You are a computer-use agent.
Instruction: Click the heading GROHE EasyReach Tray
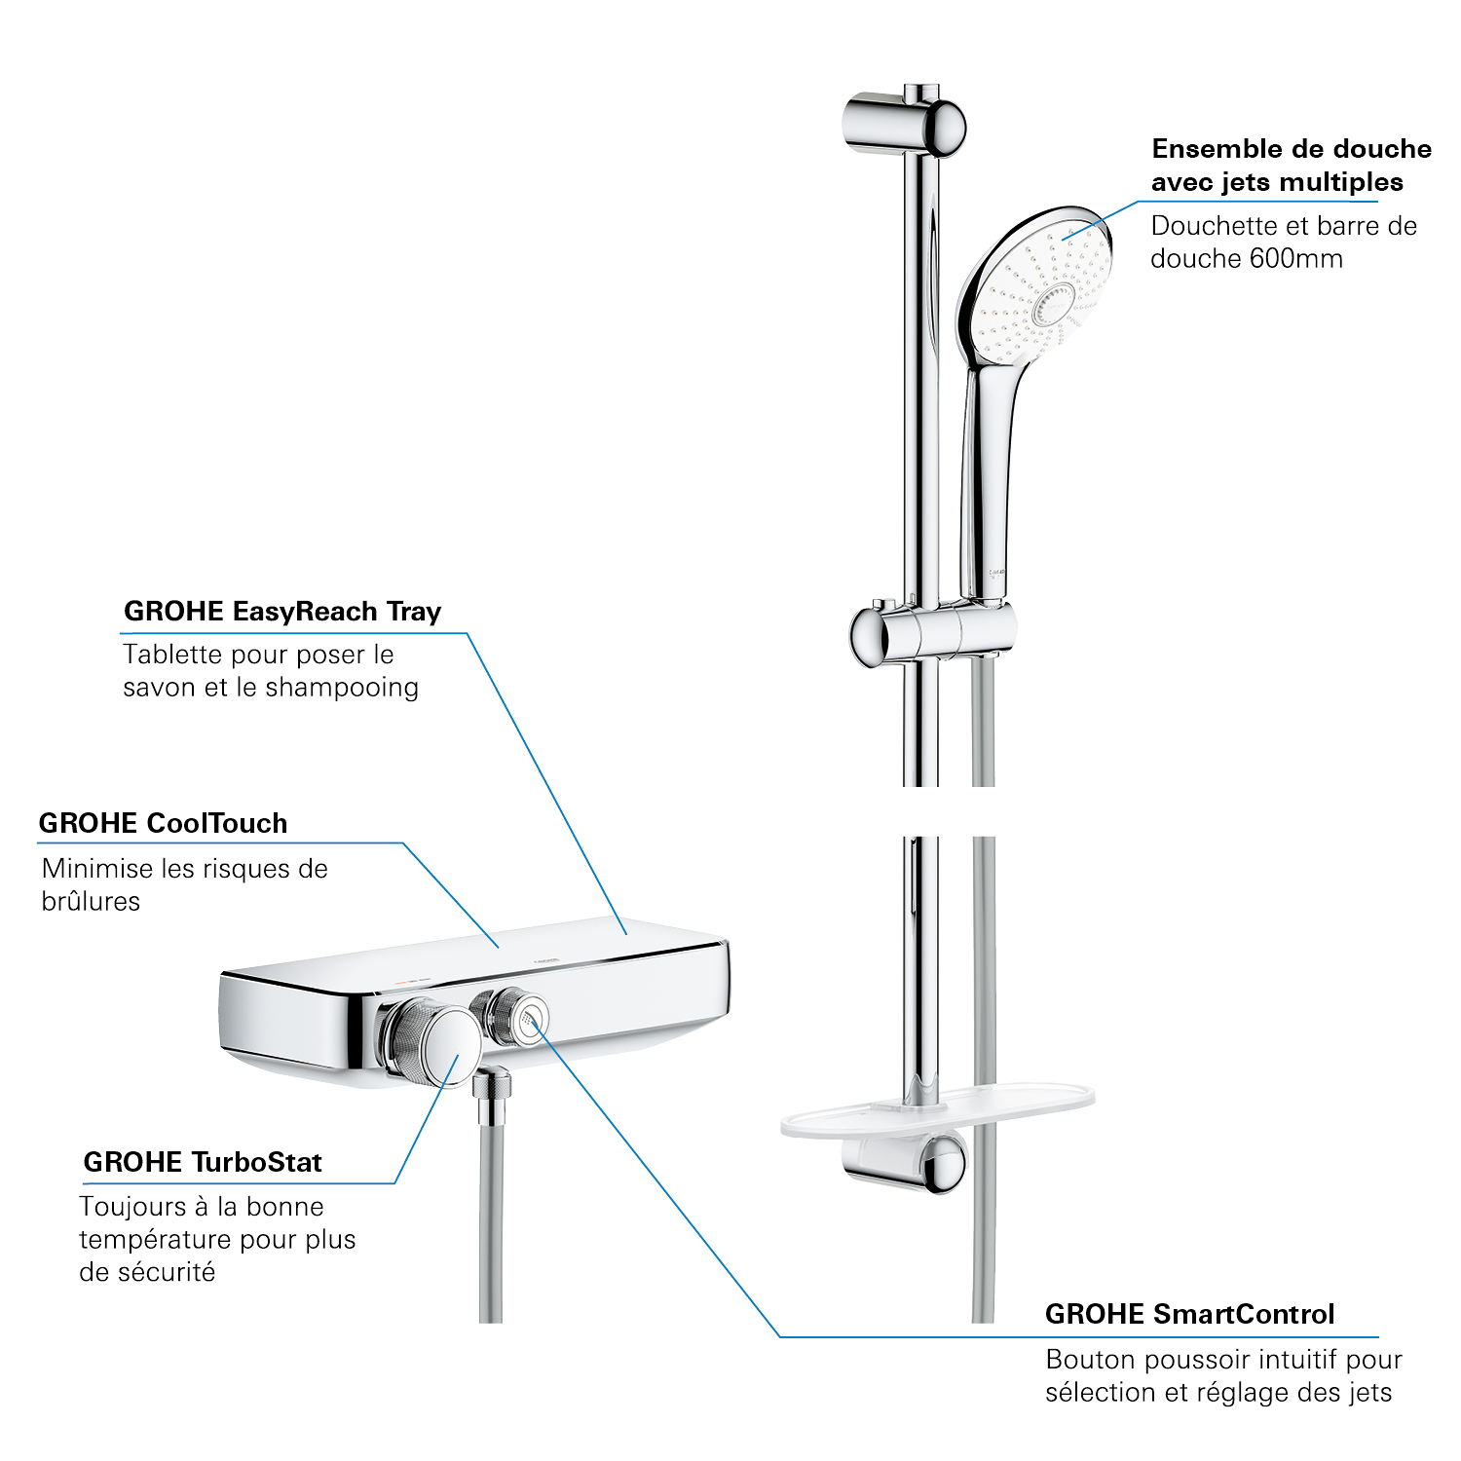coord(282,612)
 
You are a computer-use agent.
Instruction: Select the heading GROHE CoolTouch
coord(163,823)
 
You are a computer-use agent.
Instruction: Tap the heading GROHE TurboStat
coord(203,1162)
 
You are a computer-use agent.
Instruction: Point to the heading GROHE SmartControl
coord(1189,1314)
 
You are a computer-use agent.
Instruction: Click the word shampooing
coord(342,688)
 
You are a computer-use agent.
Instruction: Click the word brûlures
coord(91,901)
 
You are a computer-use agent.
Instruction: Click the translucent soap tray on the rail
coord(937,1110)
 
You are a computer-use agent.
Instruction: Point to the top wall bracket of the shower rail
coord(904,125)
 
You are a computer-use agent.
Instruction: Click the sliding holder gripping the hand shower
coord(933,634)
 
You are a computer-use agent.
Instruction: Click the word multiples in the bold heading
coord(1341,182)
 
